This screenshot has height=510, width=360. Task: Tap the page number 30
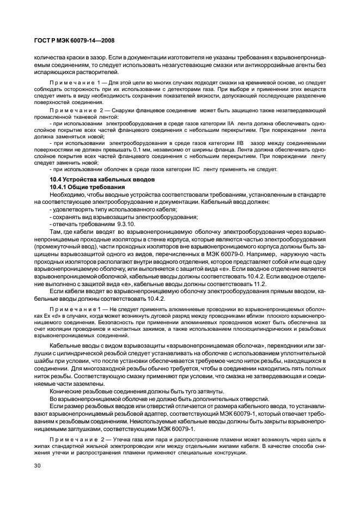pos(38,467)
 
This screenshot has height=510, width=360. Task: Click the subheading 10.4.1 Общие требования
pos(87,187)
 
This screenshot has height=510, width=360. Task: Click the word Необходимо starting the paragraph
pos(68,195)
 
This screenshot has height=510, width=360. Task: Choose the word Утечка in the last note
pos(120,439)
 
